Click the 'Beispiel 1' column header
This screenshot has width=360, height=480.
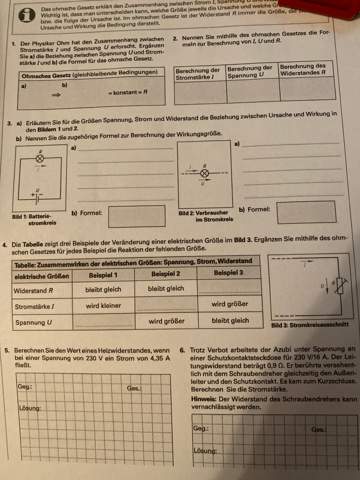pos(103,272)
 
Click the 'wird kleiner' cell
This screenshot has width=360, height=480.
pos(103,305)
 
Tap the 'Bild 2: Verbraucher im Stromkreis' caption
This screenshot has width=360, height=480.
pos(200,216)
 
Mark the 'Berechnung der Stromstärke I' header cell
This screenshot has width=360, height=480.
pos(197,71)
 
